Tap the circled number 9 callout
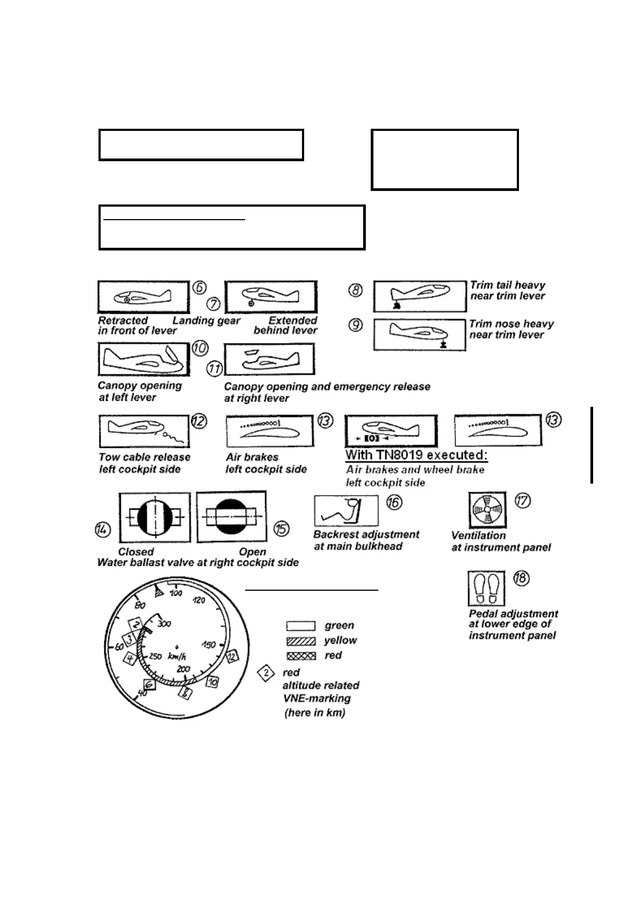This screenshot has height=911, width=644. tap(356, 326)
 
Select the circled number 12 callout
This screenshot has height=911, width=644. tap(199, 421)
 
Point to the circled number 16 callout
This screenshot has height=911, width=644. tap(395, 503)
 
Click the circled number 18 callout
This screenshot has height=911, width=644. tap(521, 578)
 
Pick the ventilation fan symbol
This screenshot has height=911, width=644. tap(487, 510)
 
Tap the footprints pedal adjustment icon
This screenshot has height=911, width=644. tap(486, 588)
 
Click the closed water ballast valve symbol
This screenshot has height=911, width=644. tap(155, 517)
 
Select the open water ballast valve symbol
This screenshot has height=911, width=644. tap(232, 517)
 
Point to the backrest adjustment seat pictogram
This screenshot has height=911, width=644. tap(346, 510)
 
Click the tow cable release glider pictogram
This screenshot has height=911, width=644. tap(143, 431)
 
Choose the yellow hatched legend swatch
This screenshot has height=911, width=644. tap(300, 641)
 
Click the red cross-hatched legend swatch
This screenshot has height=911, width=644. tap(300, 656)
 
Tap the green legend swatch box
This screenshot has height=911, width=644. tap(300, 626)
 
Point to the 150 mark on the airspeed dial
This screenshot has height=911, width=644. tap(208, 645)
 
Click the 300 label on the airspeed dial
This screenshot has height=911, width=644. tap(163, 624)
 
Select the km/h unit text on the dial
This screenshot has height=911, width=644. tap(177, 657)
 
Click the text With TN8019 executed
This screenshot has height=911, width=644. tap(416, 455)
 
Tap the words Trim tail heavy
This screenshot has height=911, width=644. tap(507, 285)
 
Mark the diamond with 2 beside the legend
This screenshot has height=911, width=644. tap(266, 674)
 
